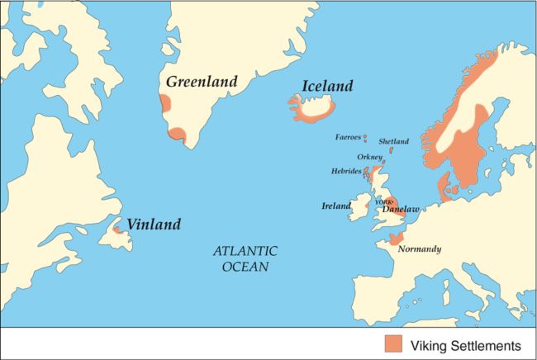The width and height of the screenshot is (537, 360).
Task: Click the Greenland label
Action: (201, 82)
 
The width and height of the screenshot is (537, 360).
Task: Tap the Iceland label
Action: (327, 87)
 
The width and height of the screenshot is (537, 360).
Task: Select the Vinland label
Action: (154, 224)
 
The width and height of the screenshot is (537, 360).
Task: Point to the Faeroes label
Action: (348, 137)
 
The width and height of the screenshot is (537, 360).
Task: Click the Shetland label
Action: (393, 141)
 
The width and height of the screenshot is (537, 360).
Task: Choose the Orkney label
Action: (368, 157)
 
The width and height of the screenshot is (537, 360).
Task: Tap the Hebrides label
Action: (346, 171)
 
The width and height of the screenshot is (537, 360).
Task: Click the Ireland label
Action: (336, 206)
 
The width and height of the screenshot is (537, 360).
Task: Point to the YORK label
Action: (383, 201)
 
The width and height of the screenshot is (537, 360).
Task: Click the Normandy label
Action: (419, 249)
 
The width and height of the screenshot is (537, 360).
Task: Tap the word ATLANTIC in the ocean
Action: (245, 251)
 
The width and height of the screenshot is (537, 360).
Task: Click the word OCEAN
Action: (246, 267)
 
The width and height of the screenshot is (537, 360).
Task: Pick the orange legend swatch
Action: (394, 343)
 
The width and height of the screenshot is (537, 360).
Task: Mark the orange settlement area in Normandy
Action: (387, 240)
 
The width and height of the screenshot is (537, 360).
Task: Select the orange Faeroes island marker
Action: (364, 138)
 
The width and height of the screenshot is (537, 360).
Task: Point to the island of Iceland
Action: (314, 107)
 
